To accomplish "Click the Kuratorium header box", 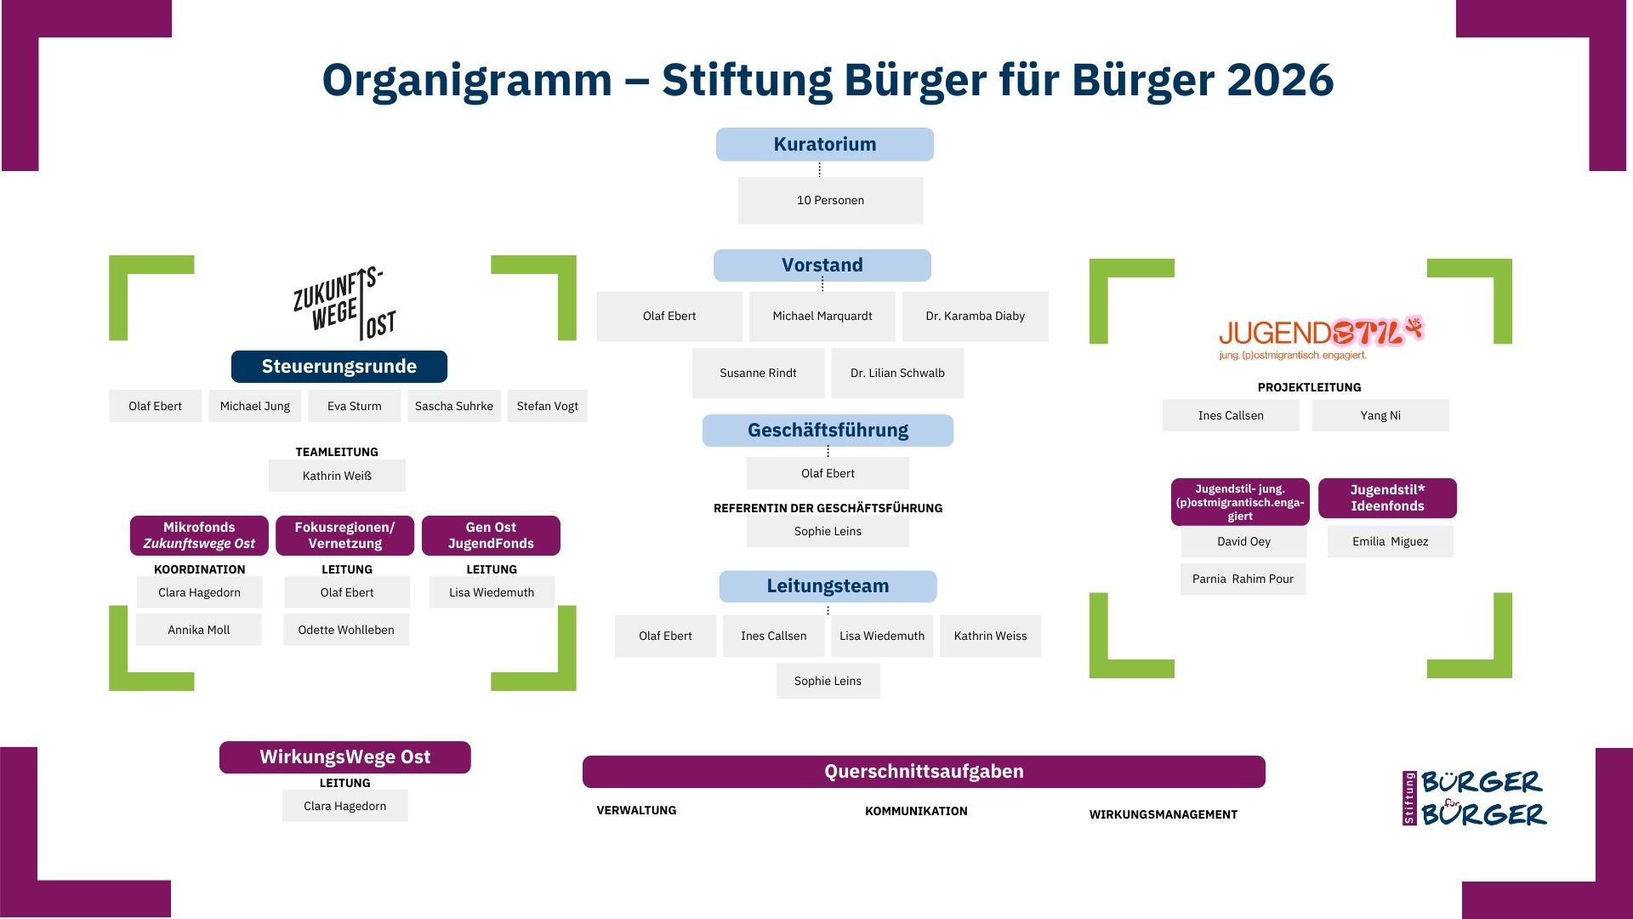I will point(824,145).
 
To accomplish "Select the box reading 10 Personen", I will point(830,201).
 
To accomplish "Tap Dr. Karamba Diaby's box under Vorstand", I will point(975,317).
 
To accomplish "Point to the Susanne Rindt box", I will point(758,373).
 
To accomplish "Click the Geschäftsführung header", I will point(828,431).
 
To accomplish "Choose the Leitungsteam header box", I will point(828,586).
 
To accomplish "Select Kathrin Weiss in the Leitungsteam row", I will point(990,636).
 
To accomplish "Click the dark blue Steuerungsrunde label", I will point(339,367).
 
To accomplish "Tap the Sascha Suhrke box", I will point(453,407).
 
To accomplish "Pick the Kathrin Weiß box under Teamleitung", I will point(337,477).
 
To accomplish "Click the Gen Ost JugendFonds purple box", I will point(491,536).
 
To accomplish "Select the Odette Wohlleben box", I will point(346,631).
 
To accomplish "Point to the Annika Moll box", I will point(198,631).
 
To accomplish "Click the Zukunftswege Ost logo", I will point(344,304).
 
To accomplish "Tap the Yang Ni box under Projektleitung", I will point(1380,416).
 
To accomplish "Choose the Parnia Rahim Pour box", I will point(1242,579).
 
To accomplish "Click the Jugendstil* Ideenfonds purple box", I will point(1387,499).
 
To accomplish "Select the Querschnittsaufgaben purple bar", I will point(924,772).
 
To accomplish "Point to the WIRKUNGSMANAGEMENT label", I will point(1163,815).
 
